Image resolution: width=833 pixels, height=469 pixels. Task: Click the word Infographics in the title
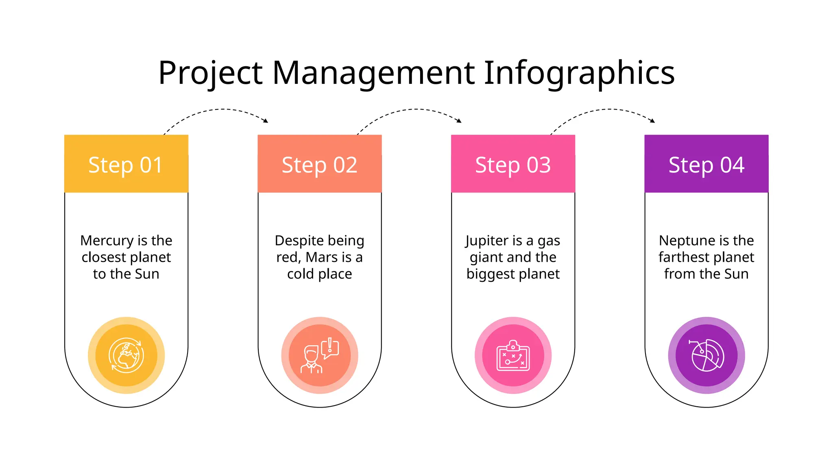[x=579, y=73]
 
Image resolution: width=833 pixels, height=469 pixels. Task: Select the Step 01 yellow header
[x=126, y=164]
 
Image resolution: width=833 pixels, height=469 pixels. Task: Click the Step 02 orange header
[x=320, y=164]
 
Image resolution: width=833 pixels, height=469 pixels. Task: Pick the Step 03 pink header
[x=513, y=164]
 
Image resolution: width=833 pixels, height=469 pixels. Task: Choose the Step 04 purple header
[x=707, y=164]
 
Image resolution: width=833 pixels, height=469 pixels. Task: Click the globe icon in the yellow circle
[x=126, y=355]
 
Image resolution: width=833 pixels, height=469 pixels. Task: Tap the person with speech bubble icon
[x=320, y=355]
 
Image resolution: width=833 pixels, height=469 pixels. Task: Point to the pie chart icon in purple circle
[x=707, y=355]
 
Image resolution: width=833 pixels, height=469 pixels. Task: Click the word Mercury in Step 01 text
[x=107, y=241]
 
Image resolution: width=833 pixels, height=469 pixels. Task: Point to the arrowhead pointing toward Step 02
[x=266, y=121]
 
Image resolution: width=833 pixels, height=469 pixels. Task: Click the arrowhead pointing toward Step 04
[x=653, y=121]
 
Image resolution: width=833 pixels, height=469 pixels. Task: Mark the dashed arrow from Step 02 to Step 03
[x=411, y=110]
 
